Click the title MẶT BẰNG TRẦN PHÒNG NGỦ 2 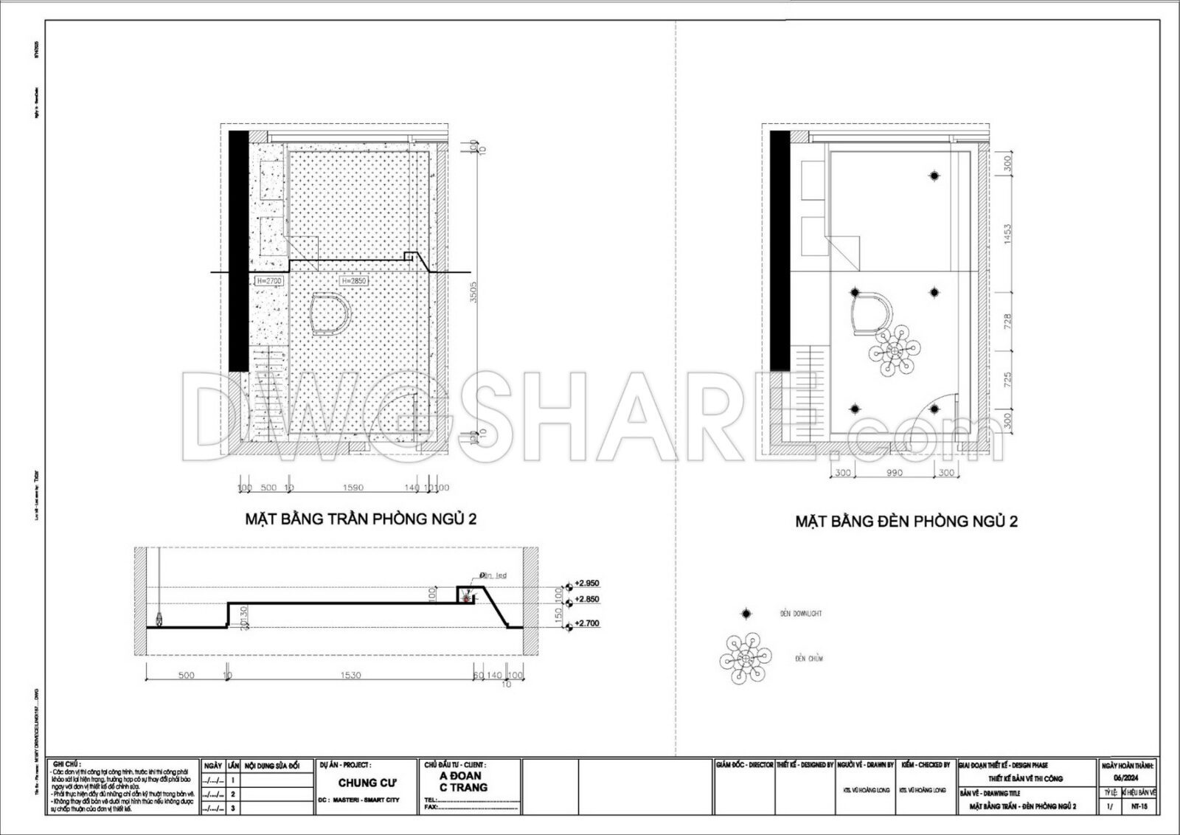[361, 519]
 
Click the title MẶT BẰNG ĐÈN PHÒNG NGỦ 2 [906, 522]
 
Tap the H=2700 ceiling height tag [268, 281]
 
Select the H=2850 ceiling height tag [353, 281]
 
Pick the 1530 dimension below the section [351, 675]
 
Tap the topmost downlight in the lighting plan [934, 176]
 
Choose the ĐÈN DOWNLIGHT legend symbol [746, 614]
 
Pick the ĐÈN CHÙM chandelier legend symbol [746, 657]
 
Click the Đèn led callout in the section [493, 575]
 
